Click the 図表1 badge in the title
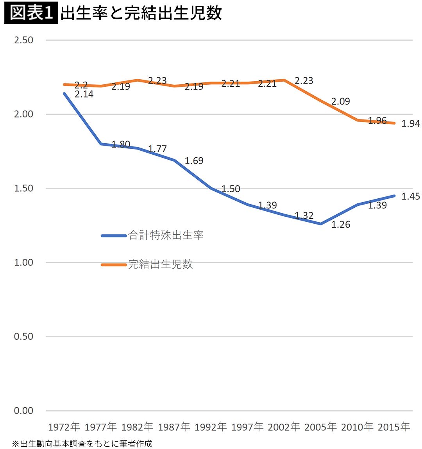pyautogui.click(x=31, y=13)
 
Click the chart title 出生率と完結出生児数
pyautogui.click(x=141, y=13)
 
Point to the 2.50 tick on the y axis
pyautogui.click(x=23, y=40)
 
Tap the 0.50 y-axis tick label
pyautogui.click(x=23, y=336)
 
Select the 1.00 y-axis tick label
pyautogui.click(x=23, y=262)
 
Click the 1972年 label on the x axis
pyautogui.click(x=64, y=427)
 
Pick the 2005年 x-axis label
pyautogui.click(x=320, y=427)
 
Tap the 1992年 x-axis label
pyautogui.click(x=211, y=427)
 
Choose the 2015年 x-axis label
pyautogui.click(x=394, y=427)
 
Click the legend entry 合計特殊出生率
pyautogui.click(x=166, y=235)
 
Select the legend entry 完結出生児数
pyautogui.click(x=160, y=264)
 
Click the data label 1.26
pyautogui.click(x=341, y=224)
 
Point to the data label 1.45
pyautogui.click(x=411, y=196)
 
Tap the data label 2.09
pyautogui.click(x=341, y=102)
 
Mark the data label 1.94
pyautogui.click(x=411, y=124)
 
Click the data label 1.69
pyautogui.click(x=194, y=161)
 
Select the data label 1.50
pyautogui.click(x=231, y=189)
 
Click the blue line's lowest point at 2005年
pyautogui.click(x=321, y=224)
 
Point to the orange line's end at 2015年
pyautogui.click(x=394, y=123)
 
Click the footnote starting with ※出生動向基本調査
pyautogui.click(x=82, y=444)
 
